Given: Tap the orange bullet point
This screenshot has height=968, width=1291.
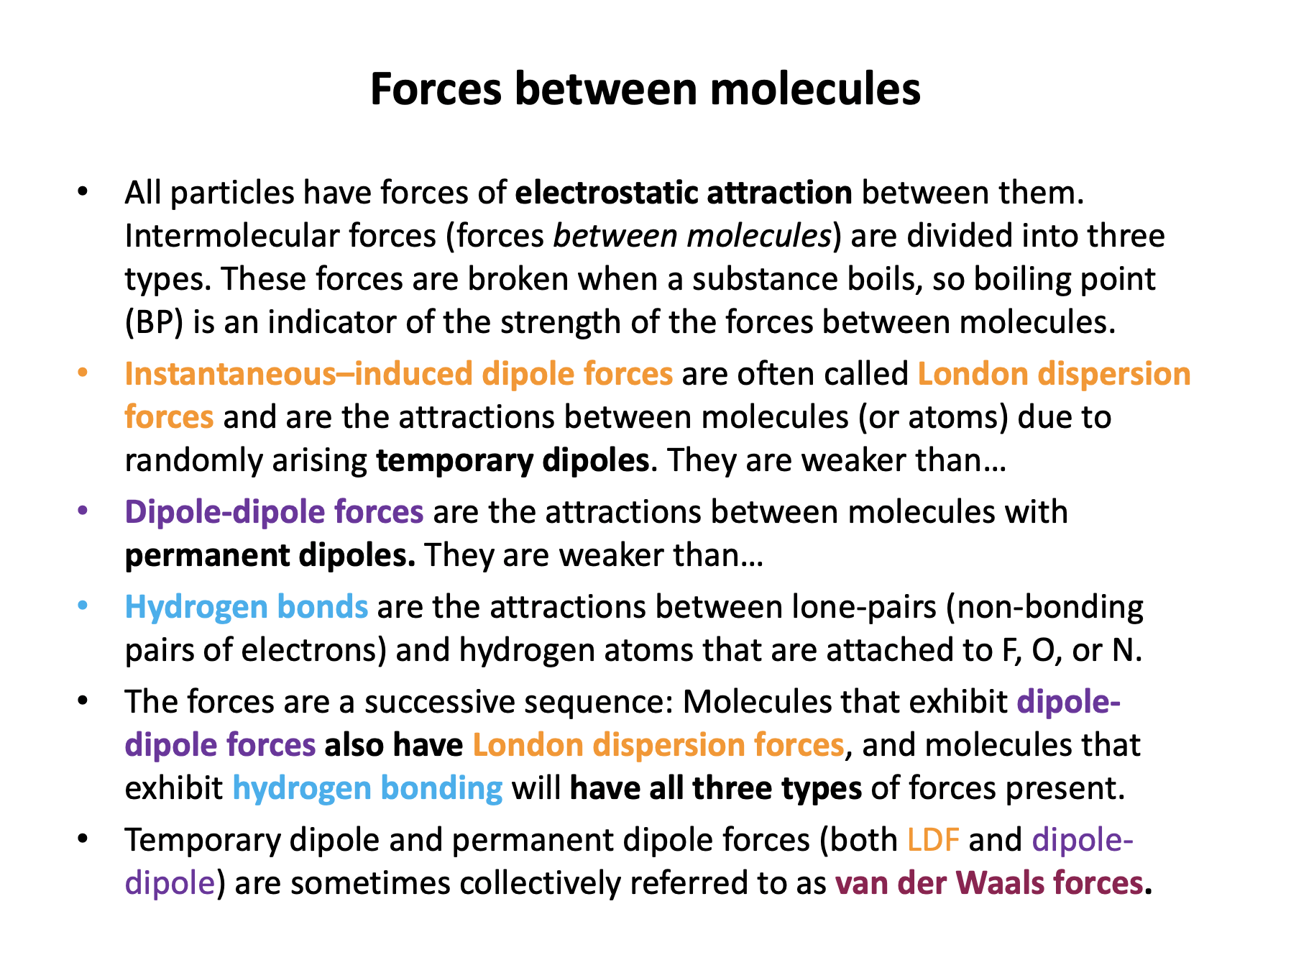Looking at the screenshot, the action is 83,374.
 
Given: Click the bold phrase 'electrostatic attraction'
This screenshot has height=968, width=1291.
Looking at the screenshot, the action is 684,193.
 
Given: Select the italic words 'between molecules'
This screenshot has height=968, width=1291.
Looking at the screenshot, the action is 692,236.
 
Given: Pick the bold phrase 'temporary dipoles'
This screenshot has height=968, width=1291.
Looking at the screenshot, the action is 513,460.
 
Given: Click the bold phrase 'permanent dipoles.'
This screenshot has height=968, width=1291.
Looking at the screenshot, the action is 270,555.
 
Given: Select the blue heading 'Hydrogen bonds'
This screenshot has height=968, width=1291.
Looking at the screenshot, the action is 247,607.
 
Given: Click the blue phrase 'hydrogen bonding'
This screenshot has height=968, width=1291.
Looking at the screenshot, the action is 367,788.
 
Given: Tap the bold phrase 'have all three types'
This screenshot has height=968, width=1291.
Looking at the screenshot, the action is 716,788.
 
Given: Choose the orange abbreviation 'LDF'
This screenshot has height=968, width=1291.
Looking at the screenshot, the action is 933,840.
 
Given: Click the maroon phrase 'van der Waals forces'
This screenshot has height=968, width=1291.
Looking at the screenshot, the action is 988,883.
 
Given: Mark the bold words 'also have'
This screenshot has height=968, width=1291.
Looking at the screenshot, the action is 394,745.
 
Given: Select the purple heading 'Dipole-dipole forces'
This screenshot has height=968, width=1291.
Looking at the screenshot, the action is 274,512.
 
